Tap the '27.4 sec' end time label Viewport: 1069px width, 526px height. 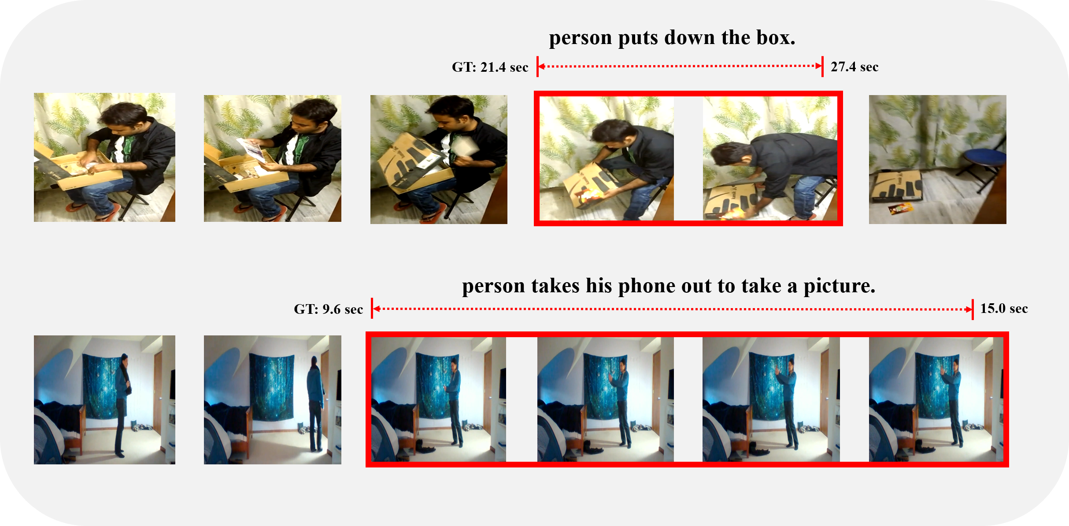click(854, 67)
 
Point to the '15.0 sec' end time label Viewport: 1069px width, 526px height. click(1004, 309)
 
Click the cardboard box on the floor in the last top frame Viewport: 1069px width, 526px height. click(896, 186)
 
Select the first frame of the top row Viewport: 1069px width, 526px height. click(104, 157)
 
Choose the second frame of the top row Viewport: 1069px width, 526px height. click(273, 158)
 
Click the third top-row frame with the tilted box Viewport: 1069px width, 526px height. click(439, 159)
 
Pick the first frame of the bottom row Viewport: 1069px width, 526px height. click(104, 400)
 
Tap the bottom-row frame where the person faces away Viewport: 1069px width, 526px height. click(273, 400)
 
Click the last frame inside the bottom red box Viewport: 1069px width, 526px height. click(936, 400)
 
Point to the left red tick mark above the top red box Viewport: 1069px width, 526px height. click(537, 66)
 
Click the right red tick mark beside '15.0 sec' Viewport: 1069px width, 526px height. click(973, 309)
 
